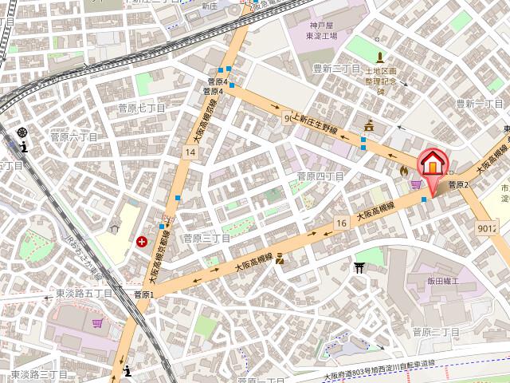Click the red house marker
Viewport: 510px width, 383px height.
pos(430,166)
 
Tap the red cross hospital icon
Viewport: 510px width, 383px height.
pos(142,241)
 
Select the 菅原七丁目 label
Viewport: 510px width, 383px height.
pos(141,108)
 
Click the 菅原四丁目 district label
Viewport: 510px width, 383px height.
pos(320,176)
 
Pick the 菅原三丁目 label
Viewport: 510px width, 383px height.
pos(206,238)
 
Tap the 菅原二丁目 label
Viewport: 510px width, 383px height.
pos(437,331)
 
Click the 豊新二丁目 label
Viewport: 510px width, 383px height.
pos(337,69)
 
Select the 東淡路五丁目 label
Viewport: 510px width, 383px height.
pos(84,294)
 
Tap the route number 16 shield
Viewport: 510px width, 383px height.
pos(341,223)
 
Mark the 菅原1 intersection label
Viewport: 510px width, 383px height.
pos(143,294)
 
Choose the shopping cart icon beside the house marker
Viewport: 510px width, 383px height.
pos(415,184)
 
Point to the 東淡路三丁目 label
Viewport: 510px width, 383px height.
pos(39,373)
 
